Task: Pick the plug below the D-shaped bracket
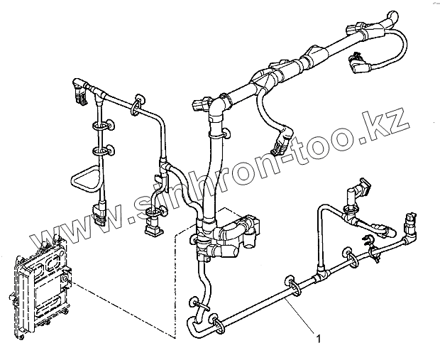99,211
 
